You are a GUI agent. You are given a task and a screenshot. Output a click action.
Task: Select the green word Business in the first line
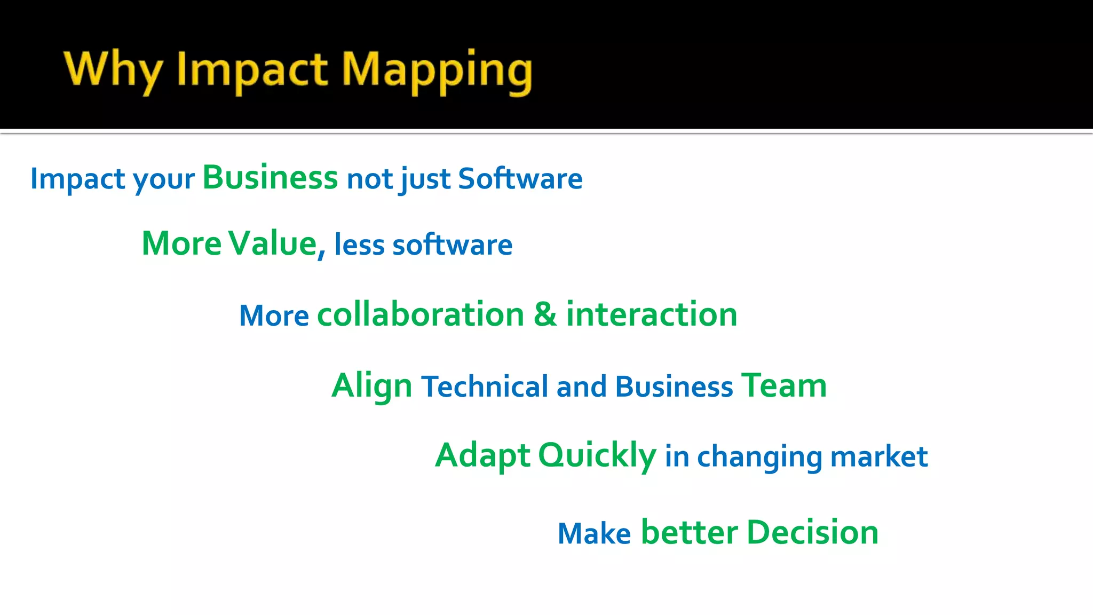[x=270, y=177]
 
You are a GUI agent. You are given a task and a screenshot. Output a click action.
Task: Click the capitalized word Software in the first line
[x=520, y=178]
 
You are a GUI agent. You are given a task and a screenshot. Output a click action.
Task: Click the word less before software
[x=359, y=245]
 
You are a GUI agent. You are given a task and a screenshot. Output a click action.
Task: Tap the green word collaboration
[x=421, y=314]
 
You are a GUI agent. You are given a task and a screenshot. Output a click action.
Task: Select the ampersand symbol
[x=545, y=314]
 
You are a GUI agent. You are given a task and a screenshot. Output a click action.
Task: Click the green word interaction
[x=652, y=314]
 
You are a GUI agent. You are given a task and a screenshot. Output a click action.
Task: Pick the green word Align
[x=371, y=385]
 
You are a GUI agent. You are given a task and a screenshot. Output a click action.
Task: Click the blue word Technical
[x=485, y=387]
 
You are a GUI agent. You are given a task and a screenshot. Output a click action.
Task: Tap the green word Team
[x=784, y=385]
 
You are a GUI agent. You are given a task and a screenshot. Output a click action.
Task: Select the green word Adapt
[x=482, y=455]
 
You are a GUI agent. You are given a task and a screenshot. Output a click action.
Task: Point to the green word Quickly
[x=597, y=455]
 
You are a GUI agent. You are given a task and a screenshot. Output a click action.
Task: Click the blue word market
[x=878, y=457]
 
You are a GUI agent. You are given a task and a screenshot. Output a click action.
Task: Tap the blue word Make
[x=594, y=533]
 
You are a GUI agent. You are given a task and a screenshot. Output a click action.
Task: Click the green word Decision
[x=812, y=532]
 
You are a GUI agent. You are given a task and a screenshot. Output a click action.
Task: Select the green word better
[x=689, y=532]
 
